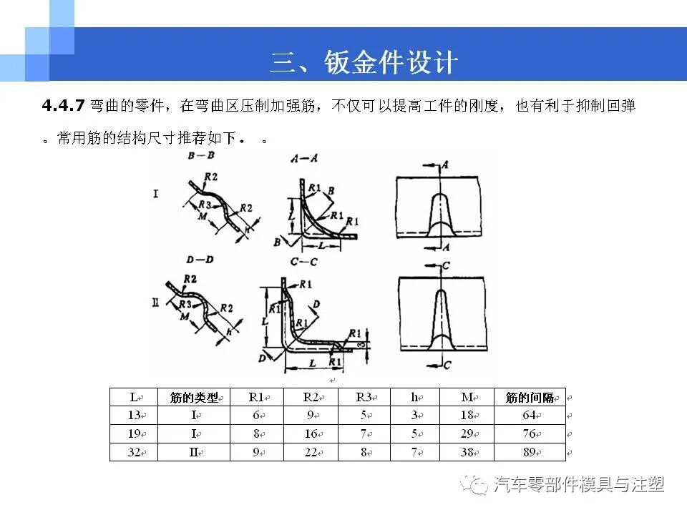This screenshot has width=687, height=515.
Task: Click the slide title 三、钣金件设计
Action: point(364,63)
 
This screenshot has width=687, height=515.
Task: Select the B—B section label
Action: point(200,156)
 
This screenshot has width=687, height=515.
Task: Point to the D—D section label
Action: point(200,259)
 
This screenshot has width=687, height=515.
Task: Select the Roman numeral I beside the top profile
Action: point(155,193)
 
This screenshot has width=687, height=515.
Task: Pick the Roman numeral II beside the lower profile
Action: point(155,303)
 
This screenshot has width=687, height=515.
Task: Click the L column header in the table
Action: point(134,398)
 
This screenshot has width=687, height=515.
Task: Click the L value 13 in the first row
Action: point(134,416)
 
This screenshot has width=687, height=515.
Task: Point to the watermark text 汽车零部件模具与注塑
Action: point(578,485)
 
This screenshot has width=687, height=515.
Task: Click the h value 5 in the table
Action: point(414,434)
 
